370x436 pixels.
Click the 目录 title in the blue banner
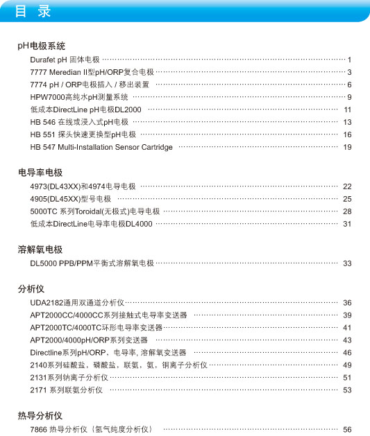(x=33, y=12)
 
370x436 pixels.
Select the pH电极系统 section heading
(x=42, y=46)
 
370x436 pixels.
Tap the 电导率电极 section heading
(x=40, y=173)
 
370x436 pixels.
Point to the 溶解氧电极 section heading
(x=40, y=250)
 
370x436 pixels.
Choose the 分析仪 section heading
(x=31, y=288)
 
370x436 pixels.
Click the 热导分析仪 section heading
(x=40, y=416)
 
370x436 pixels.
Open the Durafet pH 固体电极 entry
(x=65, y=60)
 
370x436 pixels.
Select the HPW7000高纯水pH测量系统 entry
(x=79, y=97)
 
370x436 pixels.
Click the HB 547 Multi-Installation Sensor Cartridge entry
(x=101, y=147)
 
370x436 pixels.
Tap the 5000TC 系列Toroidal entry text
(x=95, y=211)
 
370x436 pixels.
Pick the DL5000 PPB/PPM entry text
(x=92, y=263)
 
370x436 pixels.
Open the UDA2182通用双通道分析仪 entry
(x=77, y=303)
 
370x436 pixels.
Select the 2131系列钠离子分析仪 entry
(x=69, y=378)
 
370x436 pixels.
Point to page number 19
(x=347, y=148)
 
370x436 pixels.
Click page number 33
(x=347, y=264)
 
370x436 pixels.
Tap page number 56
(x=347, y=430)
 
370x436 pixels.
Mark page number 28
(x=347, y=211)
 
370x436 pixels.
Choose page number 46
(x=347, y=353)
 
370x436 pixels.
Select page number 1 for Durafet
(x=350, y=60)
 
